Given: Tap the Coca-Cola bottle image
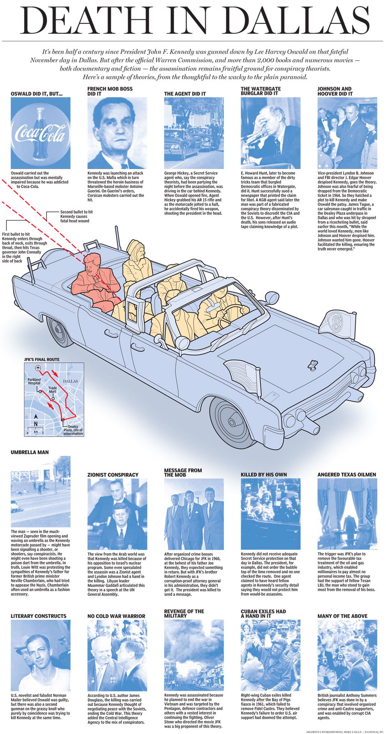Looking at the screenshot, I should click(40, 133).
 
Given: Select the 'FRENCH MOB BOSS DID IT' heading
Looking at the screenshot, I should click(110, 91).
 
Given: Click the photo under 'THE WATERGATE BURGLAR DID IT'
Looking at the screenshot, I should click(270, 133).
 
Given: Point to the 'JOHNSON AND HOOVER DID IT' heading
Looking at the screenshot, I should click(335, 91).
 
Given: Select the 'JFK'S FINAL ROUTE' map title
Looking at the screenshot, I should click(42, 360).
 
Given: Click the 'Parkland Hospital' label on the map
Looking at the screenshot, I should click(34, 381).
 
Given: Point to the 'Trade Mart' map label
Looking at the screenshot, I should click(53, 390).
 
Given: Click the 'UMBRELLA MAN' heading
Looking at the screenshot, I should click(30, 452).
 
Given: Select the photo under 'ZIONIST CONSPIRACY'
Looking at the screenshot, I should click(117, 514).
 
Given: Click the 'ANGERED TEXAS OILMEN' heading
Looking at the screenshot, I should click(347, 475).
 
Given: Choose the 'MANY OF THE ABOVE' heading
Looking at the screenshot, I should click(342, 616).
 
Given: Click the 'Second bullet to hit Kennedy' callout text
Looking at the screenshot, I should click(76, 216).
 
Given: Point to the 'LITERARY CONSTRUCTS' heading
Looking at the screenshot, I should click(38, 616).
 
